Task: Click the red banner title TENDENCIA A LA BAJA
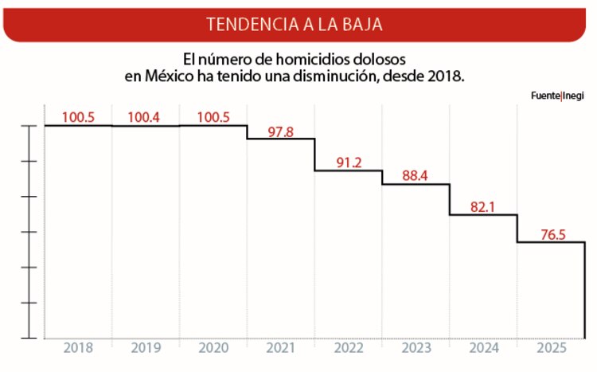tap(295, 23)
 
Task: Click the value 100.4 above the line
tap(144, 117)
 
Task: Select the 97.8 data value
tap(280, 131)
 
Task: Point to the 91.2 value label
tap(349, 163)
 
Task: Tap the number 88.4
tap(416, 176)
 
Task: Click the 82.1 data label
tap(483, 206)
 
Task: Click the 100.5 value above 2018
tap(78, 117)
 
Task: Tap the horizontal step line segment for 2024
tap(484, 214)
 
